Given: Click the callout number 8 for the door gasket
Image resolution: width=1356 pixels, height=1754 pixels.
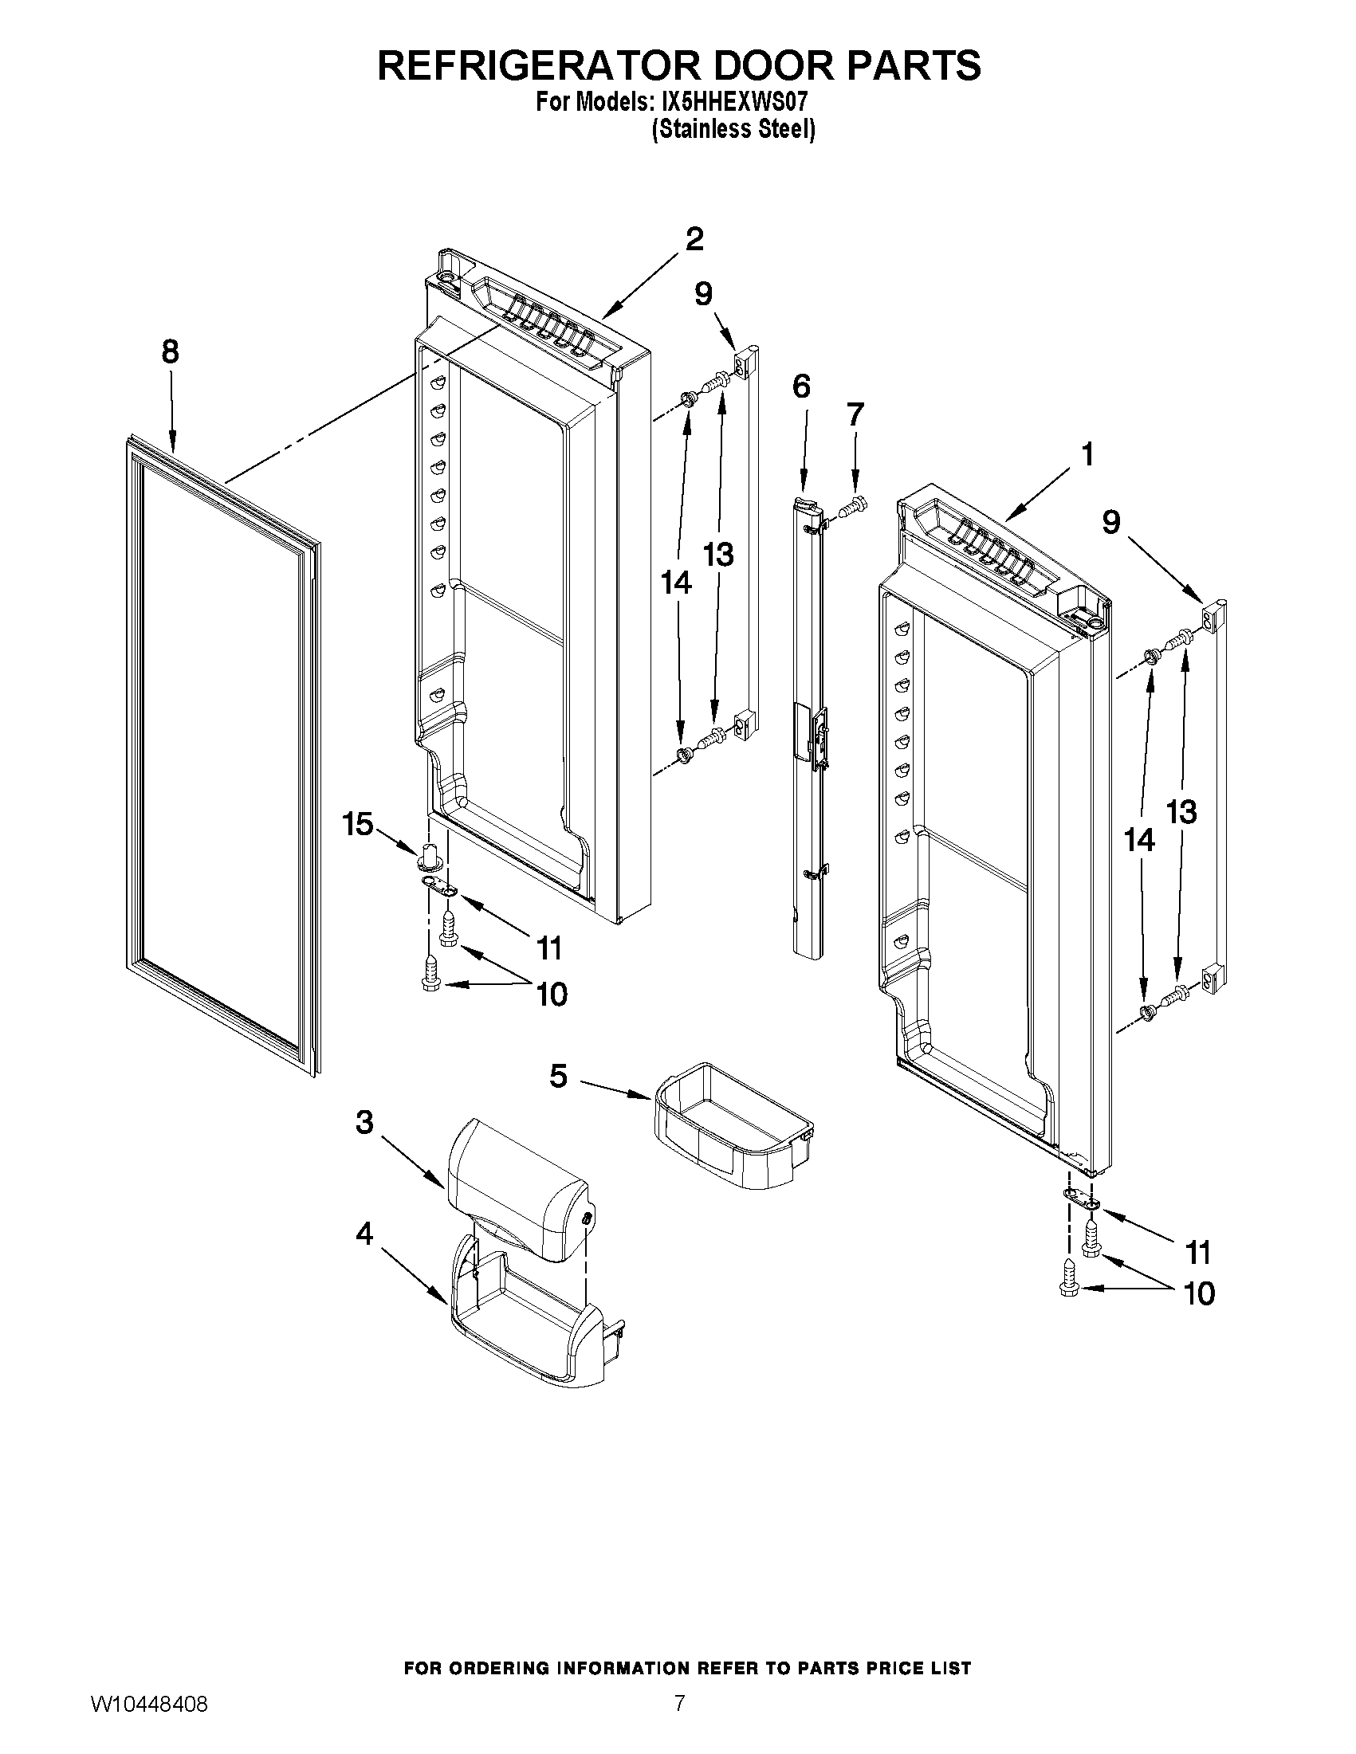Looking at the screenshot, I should point(170,351).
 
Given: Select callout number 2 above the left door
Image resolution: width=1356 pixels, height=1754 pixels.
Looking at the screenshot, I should point(694,238).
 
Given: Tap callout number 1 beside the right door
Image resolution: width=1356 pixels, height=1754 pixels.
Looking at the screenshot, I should point(1087,455).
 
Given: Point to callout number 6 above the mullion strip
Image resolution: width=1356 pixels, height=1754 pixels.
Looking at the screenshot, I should point(801,387).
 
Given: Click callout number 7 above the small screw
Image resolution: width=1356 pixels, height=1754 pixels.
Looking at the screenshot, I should point(855,414).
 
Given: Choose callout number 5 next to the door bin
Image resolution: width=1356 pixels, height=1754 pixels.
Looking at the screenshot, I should point(559,1075).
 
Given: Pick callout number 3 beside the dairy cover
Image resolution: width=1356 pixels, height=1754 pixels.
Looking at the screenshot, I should point(364,1122).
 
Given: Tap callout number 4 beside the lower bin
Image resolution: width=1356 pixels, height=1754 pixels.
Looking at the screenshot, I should point(364,1233).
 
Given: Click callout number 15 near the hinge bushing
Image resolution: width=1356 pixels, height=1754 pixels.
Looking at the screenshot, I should point(358,823).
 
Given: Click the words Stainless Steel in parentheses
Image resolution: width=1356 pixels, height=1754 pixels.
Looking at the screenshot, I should point(733,129).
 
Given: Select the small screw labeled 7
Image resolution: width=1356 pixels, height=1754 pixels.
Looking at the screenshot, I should point(851,507).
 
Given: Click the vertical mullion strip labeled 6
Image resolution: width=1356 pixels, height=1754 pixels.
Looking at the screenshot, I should point(808,723).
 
